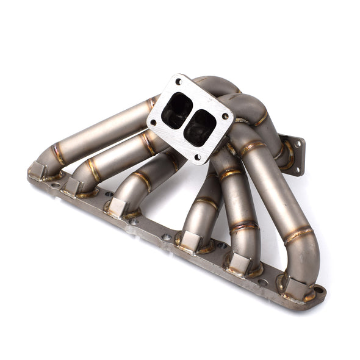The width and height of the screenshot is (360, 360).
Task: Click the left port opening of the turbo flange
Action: pyautogui.click(x=177, y=110)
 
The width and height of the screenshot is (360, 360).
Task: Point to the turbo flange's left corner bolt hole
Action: pyautogui.click(x=153, y=122)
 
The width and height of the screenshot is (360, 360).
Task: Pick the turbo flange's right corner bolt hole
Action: pyautogui.click(x=225, y=116)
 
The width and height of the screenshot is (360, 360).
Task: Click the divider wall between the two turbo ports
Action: pyautogui.click(x=188, y=118)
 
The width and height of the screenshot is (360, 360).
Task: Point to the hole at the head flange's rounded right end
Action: pyautogui.click(x=317, y=292)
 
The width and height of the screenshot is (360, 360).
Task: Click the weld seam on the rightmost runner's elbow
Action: pyautogui.click(x=298, y=233)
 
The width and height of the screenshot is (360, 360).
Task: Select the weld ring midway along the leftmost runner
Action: pyautogui.click(x=58, y=154)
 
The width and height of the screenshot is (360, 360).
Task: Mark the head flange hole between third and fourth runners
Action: pyautogui.click(x=166, y=237)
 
